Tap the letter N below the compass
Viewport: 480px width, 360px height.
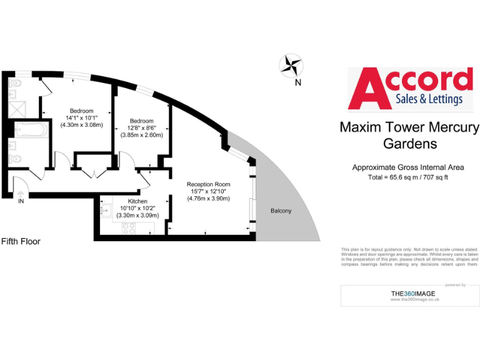click(298, 82)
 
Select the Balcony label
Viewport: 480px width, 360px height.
click(281, 211)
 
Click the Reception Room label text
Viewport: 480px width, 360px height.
click(208, 184)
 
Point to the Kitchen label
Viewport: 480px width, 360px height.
click(137, 201)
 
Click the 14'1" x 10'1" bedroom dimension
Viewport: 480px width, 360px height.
click(81, 117)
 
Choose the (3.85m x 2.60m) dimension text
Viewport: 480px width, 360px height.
click(141, 135)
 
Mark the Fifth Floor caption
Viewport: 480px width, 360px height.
click(21, 241)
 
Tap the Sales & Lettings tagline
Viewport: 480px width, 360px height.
click(429, 99)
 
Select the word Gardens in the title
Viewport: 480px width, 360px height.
click(409, 144)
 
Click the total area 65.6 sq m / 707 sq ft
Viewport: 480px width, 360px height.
click(408, 177)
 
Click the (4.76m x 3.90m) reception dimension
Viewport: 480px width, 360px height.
click(208, 199)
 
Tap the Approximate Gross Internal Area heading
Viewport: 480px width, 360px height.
click(408, 167)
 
